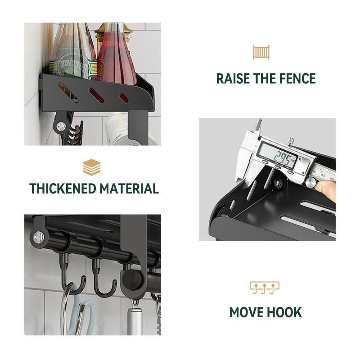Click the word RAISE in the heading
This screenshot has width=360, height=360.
click(x=233, y=78)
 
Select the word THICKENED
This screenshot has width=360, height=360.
click(x=63, y=189)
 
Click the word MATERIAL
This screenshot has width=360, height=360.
click(x=129, y=189)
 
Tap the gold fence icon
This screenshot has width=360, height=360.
click(x=261, y=53)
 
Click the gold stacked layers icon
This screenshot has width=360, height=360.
click(x=92, y=167)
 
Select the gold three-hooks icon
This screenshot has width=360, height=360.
click(x=265, y=288)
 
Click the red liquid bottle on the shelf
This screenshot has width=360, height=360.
click(x=116, y=58)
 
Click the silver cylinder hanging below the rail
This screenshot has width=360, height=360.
click(x=135, y=321)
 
